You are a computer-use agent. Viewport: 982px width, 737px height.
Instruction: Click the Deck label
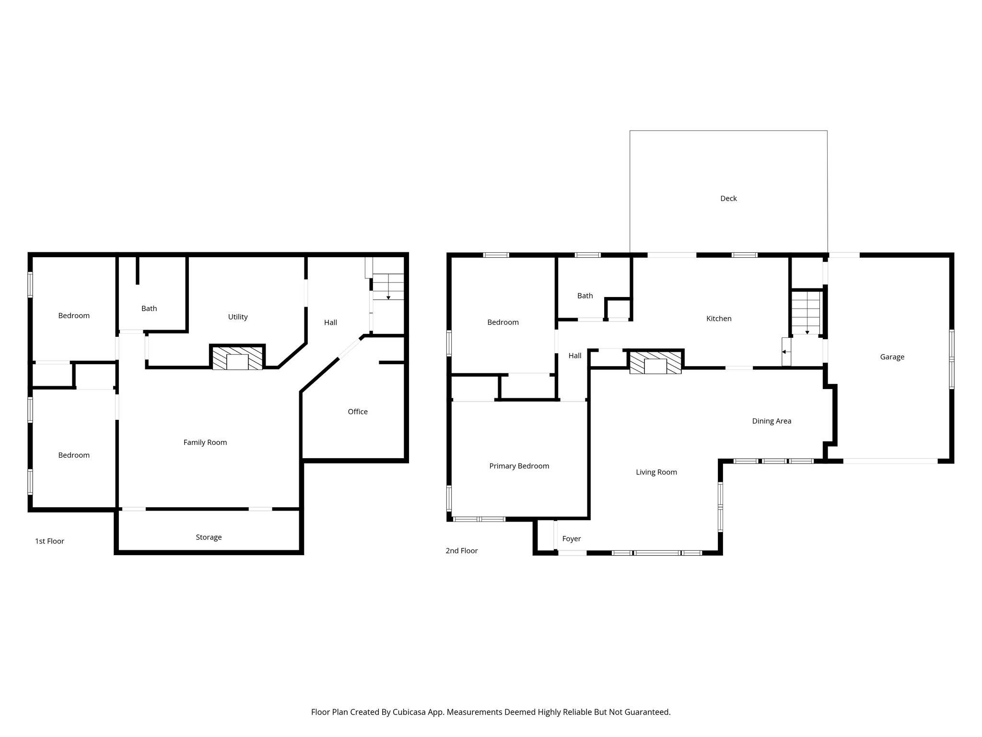(728, 198)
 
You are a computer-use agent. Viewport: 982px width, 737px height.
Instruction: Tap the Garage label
(892, 357)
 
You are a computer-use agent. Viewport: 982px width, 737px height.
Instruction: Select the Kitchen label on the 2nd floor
(719, 318)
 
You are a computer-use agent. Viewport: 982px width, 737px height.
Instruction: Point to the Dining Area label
(771, 421)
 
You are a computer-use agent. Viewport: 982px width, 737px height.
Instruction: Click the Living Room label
(656, 472)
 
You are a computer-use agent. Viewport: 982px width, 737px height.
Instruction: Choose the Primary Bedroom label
(519, 465)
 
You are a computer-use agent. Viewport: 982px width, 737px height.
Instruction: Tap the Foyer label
(571, 538)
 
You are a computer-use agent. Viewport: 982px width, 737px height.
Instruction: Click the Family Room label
(205, 442)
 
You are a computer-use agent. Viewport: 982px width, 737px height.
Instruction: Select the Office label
(357, 411)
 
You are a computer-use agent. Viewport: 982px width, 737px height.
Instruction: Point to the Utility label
(237, 316)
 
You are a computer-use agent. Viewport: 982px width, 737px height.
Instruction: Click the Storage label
(208, 537)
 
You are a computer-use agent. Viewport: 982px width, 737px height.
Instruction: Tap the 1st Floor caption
(49, 541)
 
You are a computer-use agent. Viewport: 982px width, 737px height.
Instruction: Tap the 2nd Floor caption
(461, 550)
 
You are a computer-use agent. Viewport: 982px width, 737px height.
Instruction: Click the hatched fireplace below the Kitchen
(655, 362)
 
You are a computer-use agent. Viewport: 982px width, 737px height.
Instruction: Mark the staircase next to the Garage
(806, 312)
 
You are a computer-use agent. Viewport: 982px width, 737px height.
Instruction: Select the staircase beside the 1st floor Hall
(388, 286)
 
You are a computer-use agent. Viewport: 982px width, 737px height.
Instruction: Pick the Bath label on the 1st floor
(149, 308)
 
